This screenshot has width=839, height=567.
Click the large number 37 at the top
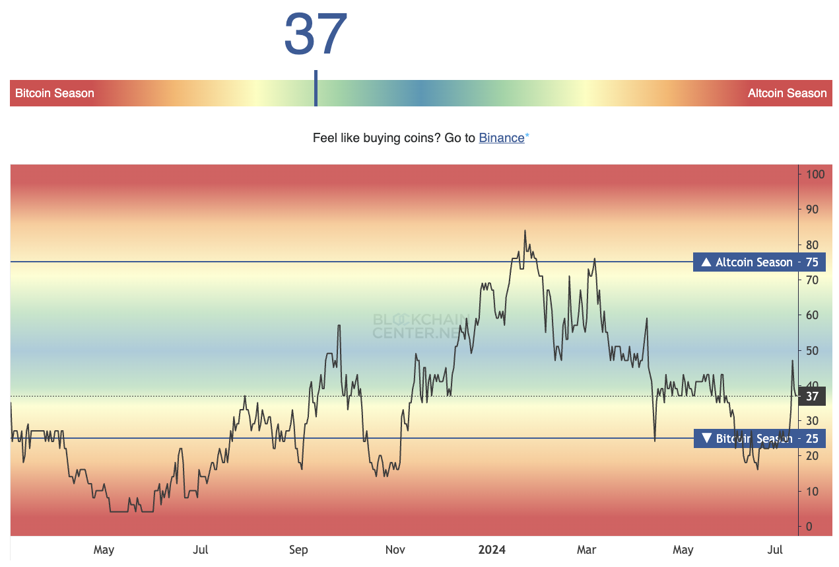click(x=316, y=34)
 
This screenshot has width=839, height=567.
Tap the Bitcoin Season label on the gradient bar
click(x=55, y=93)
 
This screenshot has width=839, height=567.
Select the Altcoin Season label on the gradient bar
click(x=787, y=93)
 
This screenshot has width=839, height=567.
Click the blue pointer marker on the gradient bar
click(x=316, y=89)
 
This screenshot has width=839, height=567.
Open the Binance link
click(x=502, y=138)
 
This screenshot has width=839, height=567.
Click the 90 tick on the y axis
click(x=813, y=209)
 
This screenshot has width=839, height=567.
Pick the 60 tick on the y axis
click(x=813, y=315)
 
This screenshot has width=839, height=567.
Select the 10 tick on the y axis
click(x=813, y=492)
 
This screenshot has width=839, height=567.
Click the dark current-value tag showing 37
click(x=812, y=397)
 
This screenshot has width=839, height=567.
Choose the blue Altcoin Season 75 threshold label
click(x=759, y=262)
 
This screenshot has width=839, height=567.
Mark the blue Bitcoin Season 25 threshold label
click(x=759, y=438)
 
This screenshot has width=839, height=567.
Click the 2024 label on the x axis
click(x=492, y=550)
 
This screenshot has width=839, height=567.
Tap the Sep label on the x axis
click(x=298, y=550)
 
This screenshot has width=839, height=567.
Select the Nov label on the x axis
click(x=395, y=550)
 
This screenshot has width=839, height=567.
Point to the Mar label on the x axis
click(x=586, y=550)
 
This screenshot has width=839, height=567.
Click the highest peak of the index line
click(x=525, y=231)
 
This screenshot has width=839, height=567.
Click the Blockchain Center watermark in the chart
click(x=421, y=326)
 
